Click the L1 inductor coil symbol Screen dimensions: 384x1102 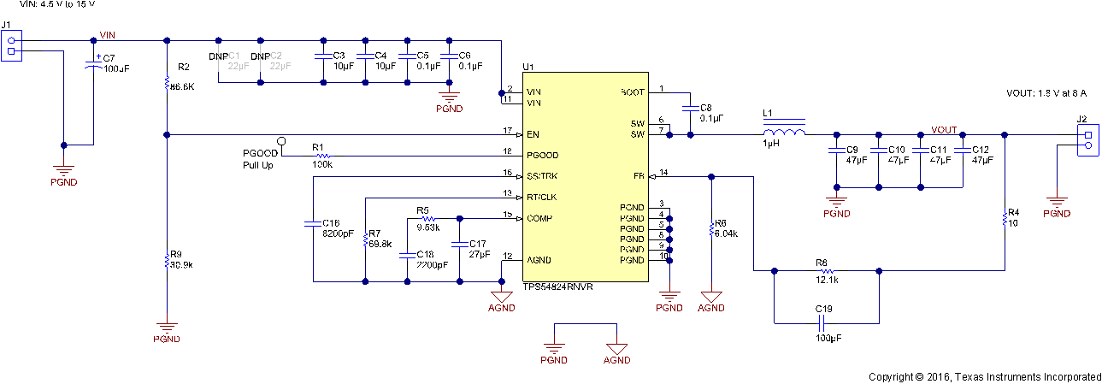pos(784,133)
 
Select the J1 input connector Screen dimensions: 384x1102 pos(11,44)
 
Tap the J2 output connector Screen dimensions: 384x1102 pos(1087,139)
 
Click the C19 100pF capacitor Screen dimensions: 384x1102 pos(822,323)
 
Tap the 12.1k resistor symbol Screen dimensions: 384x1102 pos(825,270)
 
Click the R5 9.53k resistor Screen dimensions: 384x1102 pos(427,217)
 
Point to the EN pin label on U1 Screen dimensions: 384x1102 pos(533,134)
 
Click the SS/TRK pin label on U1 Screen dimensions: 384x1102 pos(542,176)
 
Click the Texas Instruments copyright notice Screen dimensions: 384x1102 pos(985,376)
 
